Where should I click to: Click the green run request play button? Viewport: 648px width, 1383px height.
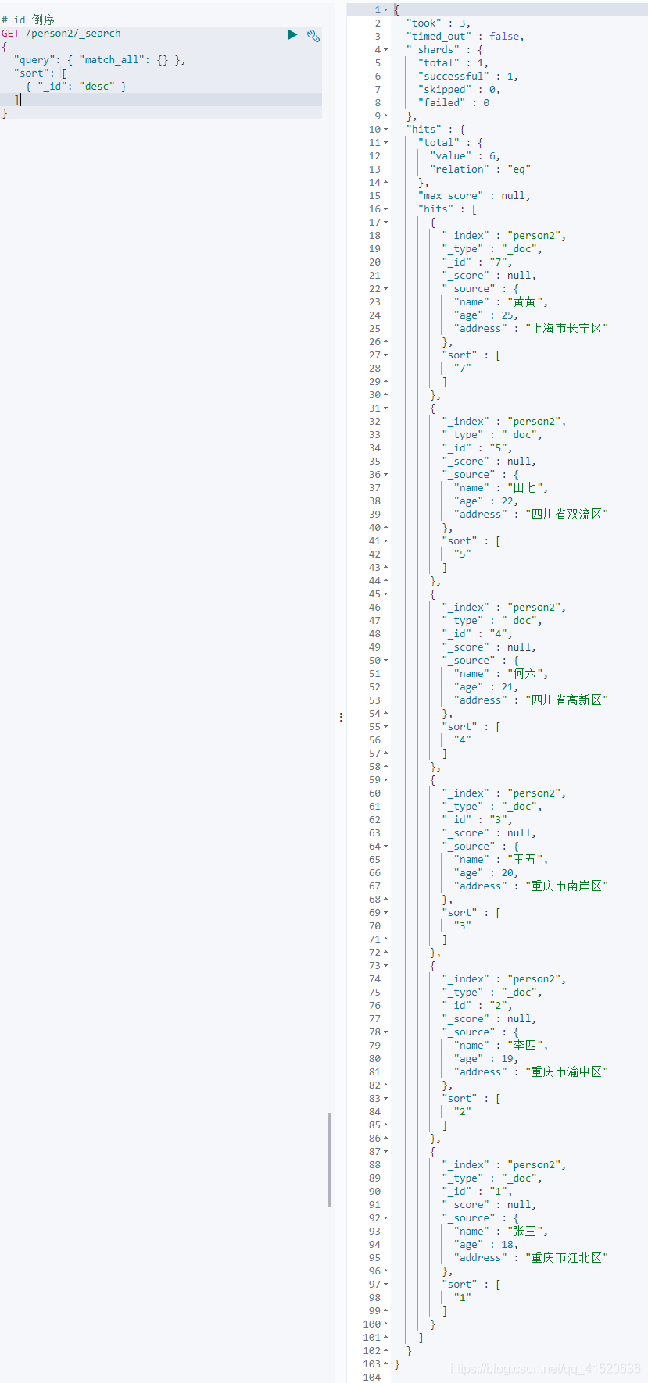click(x=292, y=34)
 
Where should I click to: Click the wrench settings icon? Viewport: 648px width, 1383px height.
click(x=313, y=35)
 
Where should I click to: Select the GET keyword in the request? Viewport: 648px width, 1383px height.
click(x=10, y=34)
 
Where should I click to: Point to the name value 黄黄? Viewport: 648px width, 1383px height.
click(x=524, y=302)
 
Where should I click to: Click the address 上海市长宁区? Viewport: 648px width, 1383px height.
click(x=567, y=329)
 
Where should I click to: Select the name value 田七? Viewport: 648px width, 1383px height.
click(x=524, y=488)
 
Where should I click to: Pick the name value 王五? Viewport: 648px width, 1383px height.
click(x=524, y=860)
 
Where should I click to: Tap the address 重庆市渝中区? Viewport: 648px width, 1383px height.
click(x=567, y=1072)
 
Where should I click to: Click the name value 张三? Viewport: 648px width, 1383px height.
click(x=524, y=1232)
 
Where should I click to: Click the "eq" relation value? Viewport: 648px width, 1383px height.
click(x=519, y=169)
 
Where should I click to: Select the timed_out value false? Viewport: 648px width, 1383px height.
click(x=506, y=37)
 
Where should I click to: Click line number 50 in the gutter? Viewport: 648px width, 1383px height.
click(x=374, y=661)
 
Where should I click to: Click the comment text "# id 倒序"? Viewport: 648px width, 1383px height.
click(x=28, y=20)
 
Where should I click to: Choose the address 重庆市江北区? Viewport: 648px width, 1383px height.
click(x=567, y=1258)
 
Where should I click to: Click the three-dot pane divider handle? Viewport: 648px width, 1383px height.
click(x=341, y=717)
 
